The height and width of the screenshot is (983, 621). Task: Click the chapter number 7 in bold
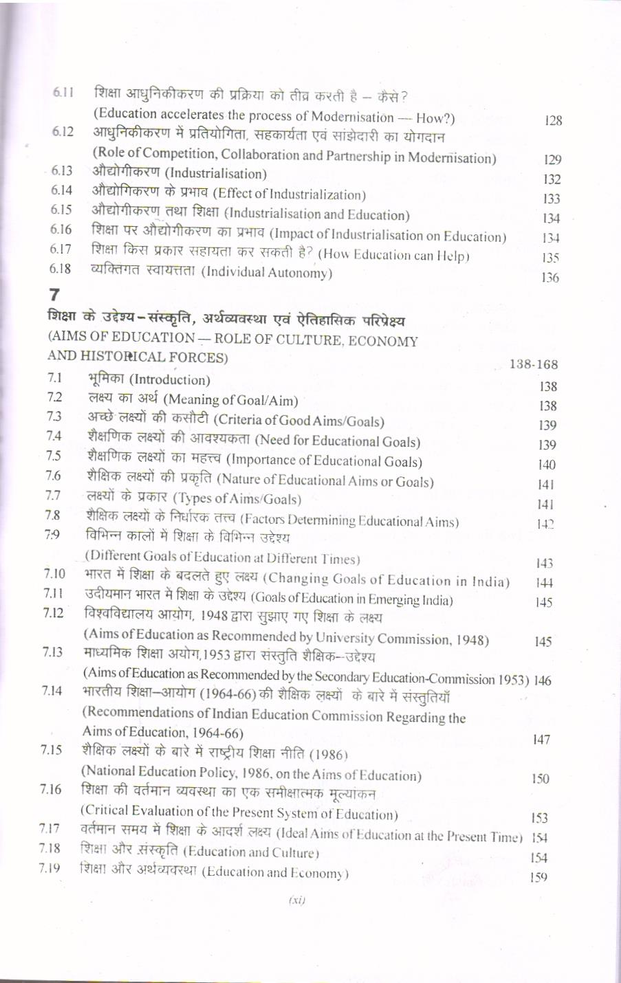pos(55,295)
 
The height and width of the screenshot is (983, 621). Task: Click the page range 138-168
pos(534,364)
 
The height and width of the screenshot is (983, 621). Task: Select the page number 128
pos(552,121)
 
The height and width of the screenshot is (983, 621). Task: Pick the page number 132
pos(552,179)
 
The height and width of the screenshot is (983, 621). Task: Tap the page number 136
pos(550,278)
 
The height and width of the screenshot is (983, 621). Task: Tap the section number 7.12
pos(53,612)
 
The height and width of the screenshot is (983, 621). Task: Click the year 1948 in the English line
pos(470,639)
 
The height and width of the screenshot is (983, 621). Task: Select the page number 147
pos(542,740)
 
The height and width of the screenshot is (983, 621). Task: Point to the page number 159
pos(539,877)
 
